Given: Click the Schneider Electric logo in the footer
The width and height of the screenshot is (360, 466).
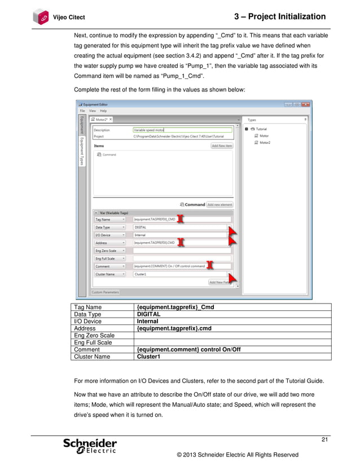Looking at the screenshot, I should pyautogui.click(x=91, y=446).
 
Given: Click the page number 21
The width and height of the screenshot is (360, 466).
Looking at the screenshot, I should pyautogui.click(x=324, y=439).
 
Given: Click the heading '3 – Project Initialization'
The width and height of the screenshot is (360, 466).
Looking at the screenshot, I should pyautogui.click(x=279, y=17).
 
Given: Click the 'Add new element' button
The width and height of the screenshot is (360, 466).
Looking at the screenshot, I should pyautogui.click(x=219, y=204).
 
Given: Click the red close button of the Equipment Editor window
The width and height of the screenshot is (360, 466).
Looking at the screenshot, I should pyautogui.click(x=306, y=104).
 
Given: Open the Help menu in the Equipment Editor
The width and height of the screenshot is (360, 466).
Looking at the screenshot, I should pyautogui.click(x=103, y=111).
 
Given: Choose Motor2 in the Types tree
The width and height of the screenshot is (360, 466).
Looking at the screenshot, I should pyautogui.click(x=265, y=143).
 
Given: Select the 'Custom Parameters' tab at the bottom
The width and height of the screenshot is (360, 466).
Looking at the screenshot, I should pyautogui.click(x=106, y=292).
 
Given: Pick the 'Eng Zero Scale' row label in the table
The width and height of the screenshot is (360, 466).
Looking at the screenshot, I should pyautogui.click(x=95, y=336).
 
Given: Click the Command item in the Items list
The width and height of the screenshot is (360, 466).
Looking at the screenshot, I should pyautogui.click(x=109, y=154).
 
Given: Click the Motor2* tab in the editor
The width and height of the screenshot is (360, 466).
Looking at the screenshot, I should pyautogui.click(x=103, y=120).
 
